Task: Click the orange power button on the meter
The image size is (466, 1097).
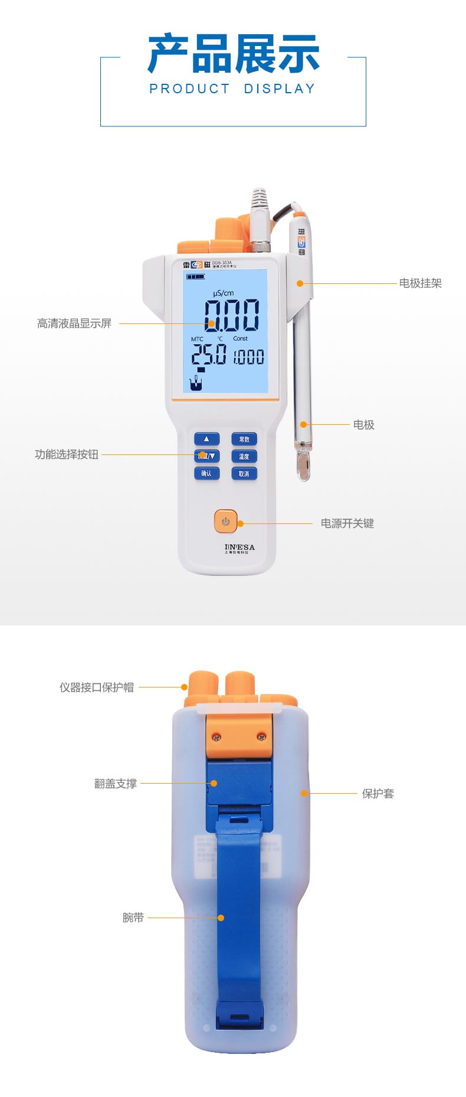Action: (225, 521)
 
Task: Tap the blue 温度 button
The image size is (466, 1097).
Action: (244, 456)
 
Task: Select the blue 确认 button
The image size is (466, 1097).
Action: (206, 473)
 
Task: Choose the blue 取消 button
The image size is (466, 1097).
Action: (244, 473)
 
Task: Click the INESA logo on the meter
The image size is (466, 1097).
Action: (239, 548)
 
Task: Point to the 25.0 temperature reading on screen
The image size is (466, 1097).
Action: (208, 354)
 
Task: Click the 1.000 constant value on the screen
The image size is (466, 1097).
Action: (248, 356)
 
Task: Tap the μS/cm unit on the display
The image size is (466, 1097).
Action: (223, 293)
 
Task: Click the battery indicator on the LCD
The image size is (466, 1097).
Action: (196, 276)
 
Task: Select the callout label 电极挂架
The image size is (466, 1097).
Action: (420, 283)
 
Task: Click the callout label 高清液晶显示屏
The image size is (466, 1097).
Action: (74, 323)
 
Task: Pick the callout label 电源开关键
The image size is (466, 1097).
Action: (347, 523)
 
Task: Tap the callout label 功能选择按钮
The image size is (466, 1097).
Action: (67, 454)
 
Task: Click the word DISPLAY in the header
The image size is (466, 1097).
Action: (280, 89)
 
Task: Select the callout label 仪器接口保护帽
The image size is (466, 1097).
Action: (96, 687)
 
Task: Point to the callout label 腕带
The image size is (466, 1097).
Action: (133, 918)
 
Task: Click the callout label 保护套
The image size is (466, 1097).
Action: (378, 794)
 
